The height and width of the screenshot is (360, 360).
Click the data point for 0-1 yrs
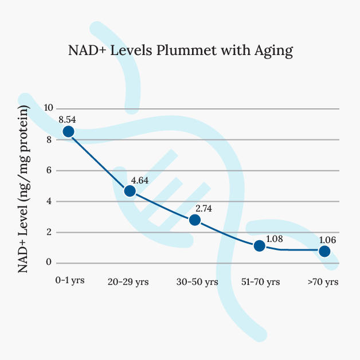(x=68, y=132)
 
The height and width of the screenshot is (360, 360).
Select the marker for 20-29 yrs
(x=130, y=191)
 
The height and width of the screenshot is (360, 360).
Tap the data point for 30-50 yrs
(x=194, y=220)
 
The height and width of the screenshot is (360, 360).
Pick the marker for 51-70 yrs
(x=259, y=246)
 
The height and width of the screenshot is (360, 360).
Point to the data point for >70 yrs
(x=324, y=251)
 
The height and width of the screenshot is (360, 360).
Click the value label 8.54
(x=67, y=120)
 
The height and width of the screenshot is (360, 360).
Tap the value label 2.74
(x=204, y=209)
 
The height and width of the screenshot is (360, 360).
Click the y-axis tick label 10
(x=48, y=108)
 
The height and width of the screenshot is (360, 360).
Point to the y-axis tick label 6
(x=49, y=170)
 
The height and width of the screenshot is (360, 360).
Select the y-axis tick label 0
(x=49, y=263)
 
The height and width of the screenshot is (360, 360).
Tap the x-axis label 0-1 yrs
(x=70, y=281)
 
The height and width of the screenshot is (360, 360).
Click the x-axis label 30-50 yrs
(x=197, y=282)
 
